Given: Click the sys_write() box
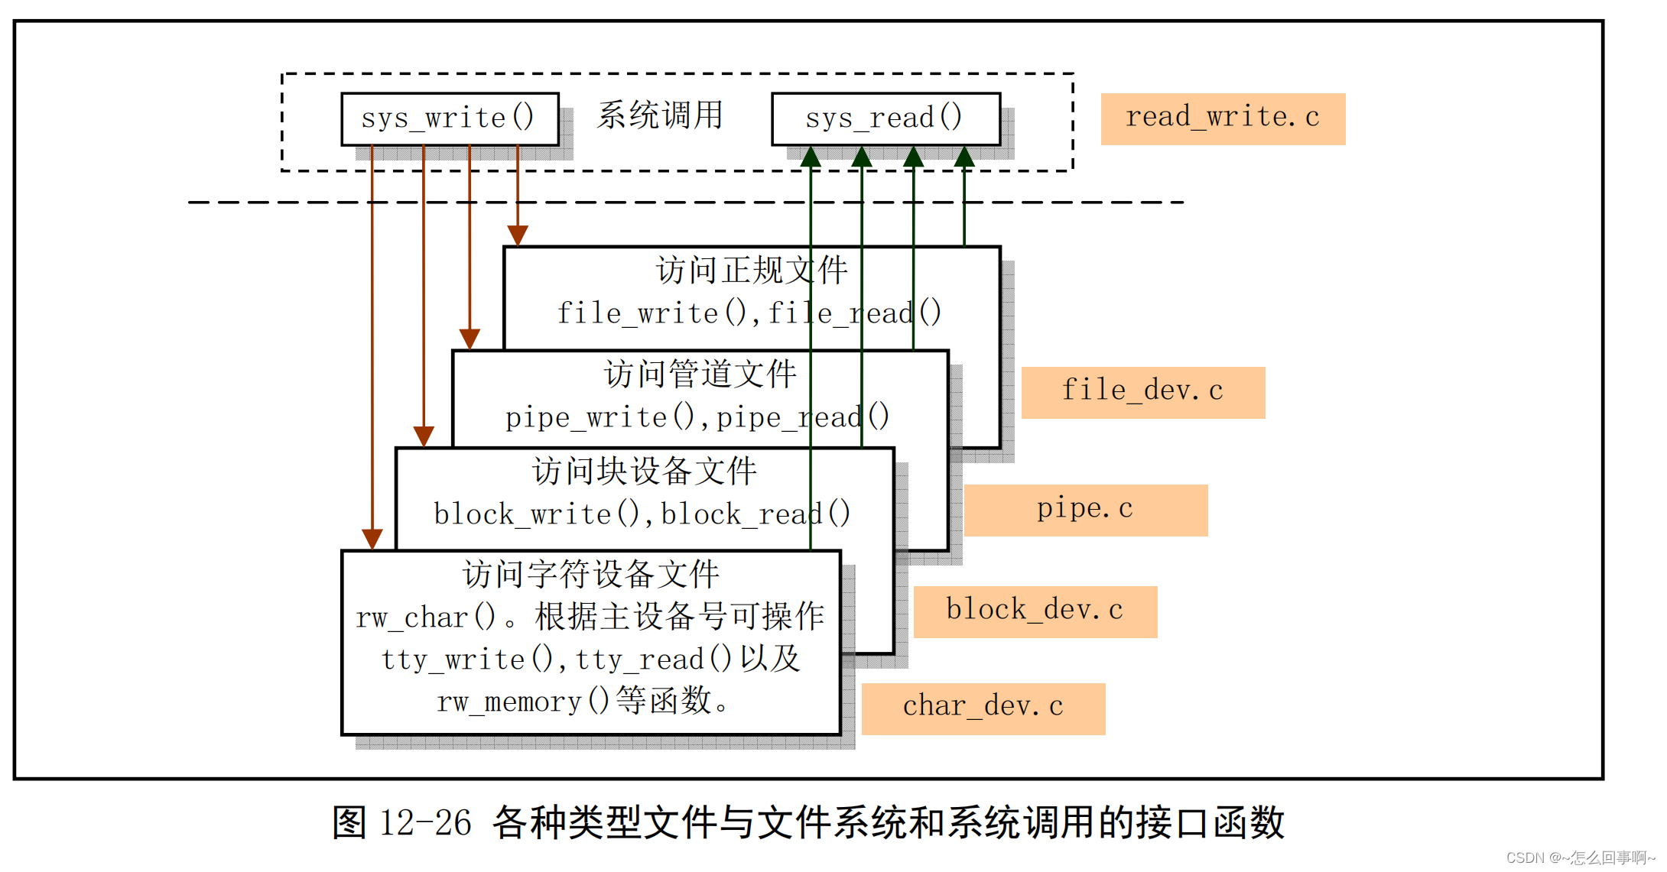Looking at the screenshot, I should pos(449,118).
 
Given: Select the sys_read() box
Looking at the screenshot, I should pos(885,118).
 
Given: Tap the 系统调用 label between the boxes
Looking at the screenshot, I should pos(660,115).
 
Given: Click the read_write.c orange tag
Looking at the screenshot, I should pos(1222,118).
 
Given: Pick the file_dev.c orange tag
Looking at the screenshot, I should pos(1142,391).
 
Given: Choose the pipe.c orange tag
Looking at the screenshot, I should pos(1085,509).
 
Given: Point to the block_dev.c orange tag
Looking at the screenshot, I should pos(1035,611).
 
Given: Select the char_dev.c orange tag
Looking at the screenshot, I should pos(983,708).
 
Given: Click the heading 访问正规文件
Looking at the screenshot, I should pos(752,271).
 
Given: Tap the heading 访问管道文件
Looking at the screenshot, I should pos(700,374).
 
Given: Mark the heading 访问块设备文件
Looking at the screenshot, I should pos(644,472).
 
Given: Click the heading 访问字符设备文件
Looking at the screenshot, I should pos(590,575).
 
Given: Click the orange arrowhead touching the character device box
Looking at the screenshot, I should pos(372,539).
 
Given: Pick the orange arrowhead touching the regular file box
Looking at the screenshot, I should pos(518,235).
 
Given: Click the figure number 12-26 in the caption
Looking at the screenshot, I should pos(425,823).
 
